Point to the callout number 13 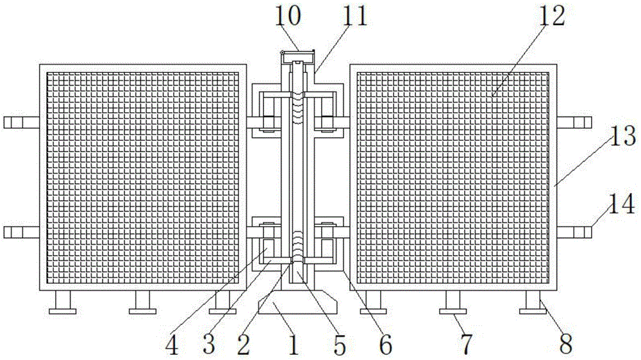622,136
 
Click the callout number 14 622,206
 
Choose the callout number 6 385,345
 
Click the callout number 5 339,345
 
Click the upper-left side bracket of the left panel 21,122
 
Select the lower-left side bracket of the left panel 21,231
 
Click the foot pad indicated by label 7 452,311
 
